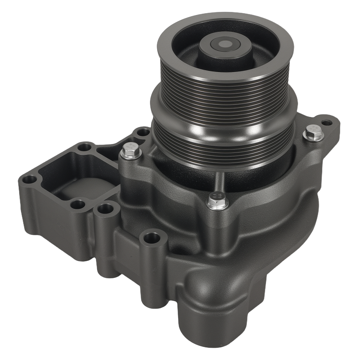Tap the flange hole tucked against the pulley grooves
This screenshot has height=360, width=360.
(x=143, y=132)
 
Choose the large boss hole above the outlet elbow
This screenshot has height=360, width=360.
(x=151, y=237)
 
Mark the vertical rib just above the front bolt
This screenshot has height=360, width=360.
(x=220, y=182)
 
